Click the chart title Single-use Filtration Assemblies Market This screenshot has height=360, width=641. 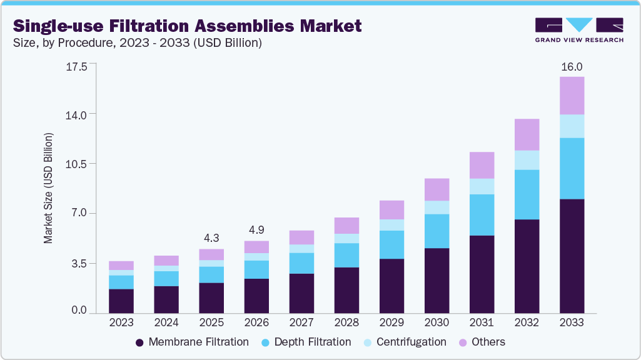[x=187, y=26]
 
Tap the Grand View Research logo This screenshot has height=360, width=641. [x=579, y=30]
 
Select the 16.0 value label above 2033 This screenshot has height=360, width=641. [x=572, y=67]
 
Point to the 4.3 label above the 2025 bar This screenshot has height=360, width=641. [x=211, y=238]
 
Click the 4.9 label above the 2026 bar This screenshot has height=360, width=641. [x=256, y=230]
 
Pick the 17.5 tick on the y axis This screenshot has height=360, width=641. [x=77, y=65]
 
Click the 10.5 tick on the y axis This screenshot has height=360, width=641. [x=77, y=164]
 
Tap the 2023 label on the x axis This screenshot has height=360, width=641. [x=121, y=322]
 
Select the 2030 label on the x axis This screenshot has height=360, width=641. [x=437, y=322]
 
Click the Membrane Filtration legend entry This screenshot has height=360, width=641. [x=192, y=342]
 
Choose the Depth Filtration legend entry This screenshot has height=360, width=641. [x=305, y=342]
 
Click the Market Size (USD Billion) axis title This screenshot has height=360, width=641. [x=48, y=188]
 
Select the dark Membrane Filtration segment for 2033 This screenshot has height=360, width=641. [x=572, y=256]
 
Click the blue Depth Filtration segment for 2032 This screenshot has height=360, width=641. [x=527, y=194]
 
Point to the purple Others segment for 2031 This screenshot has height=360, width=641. [x=482, y=165]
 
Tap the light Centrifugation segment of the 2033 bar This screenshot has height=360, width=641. [x=572, y=126]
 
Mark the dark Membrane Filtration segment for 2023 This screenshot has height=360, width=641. [x=121, y=301]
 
